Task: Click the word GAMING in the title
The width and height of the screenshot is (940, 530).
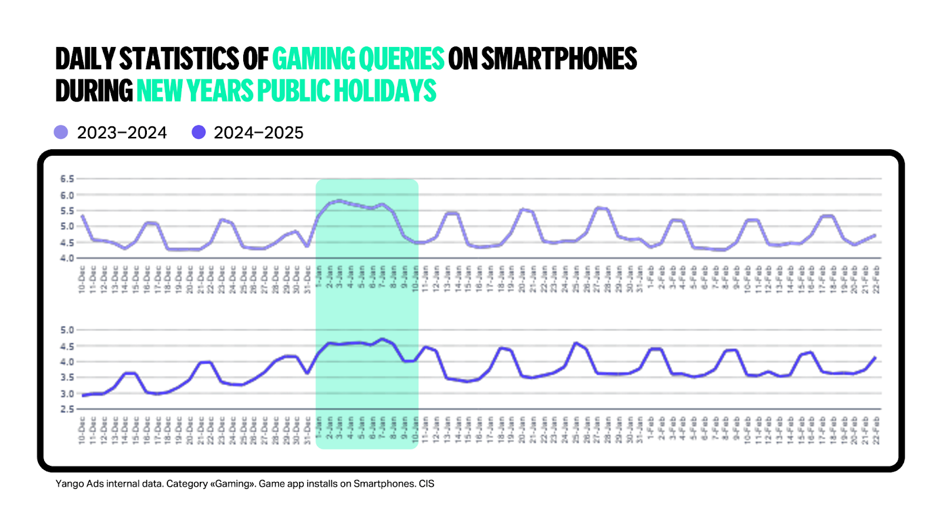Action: [313, 59]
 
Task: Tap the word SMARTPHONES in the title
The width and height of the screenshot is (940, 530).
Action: [559, 59]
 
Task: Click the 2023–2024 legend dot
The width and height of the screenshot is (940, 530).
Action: [61, 132]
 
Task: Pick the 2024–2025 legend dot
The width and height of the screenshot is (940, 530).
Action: [199, 132]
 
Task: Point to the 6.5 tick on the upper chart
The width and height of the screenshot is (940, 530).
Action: [67, 179]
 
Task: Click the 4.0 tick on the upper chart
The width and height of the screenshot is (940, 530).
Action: [67, 258]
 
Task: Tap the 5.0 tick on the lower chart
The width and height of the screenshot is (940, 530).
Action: [67, 330]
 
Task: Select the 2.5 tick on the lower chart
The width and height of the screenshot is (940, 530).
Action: [67, 409]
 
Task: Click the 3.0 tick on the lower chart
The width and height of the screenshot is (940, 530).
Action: [67, 394]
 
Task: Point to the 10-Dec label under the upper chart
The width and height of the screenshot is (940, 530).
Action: [82, 279]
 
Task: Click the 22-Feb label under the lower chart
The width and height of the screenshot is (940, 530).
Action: [876, 430]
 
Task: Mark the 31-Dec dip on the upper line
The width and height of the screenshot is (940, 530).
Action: [307, 246]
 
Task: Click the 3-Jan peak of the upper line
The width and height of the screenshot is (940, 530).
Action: [340, 200]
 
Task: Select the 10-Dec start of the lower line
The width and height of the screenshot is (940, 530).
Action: [82, 395]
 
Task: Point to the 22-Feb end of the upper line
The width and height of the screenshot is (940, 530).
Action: [875, 235]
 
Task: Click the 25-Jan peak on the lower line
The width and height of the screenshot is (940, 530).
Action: [575, 343]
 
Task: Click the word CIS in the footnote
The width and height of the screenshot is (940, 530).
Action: [427, 484]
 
